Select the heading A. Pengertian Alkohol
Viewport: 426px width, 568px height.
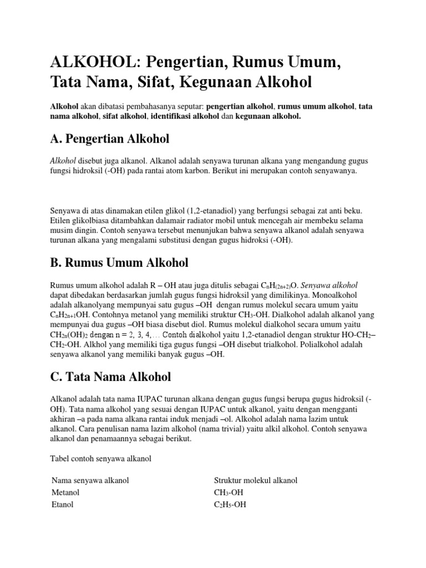pos(110,138)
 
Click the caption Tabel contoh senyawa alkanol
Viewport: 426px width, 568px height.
pos(100,460)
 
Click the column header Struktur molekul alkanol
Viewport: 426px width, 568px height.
pos(255,480)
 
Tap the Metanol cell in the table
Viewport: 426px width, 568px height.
pos(65,493)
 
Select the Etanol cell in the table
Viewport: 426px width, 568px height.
pos(62,505)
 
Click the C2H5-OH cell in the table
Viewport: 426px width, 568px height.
pos(230,505)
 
